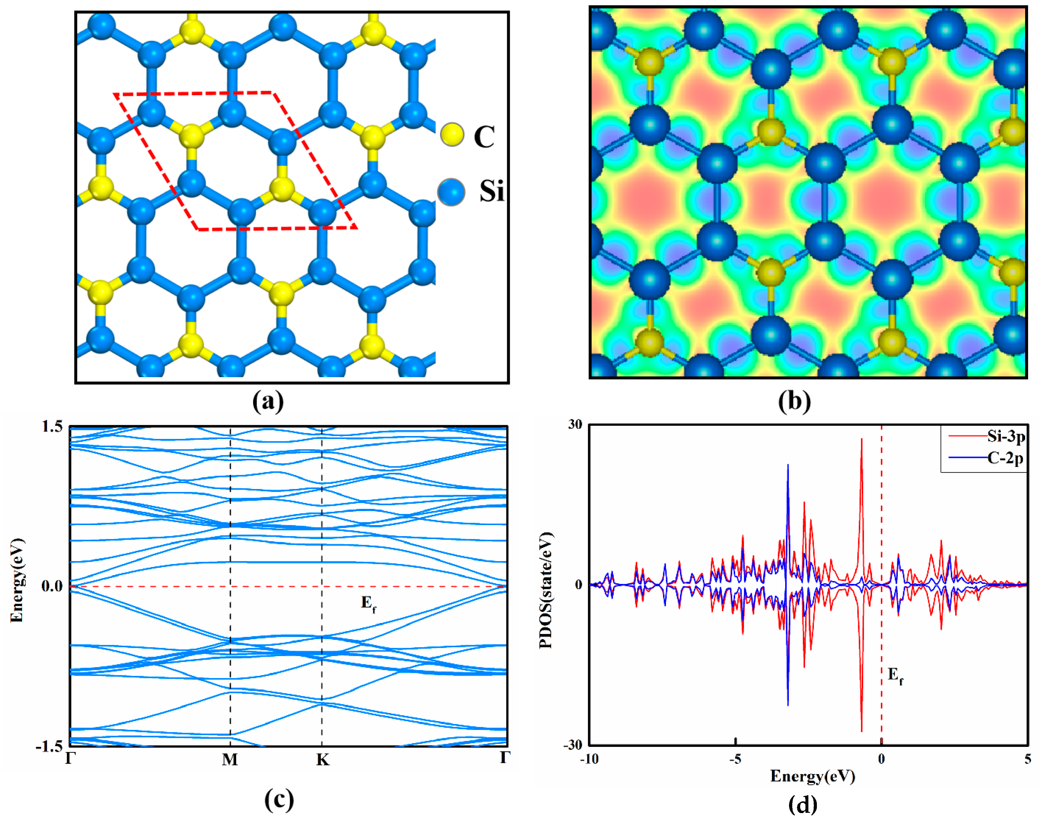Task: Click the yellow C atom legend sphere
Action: coord(452,135)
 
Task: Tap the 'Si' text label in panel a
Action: coord(491,191)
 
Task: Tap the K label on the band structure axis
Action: coord(323,759)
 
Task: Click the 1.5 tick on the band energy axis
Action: coord(52,426)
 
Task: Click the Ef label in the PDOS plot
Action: coord(895,677)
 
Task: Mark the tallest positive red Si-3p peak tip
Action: coord(861,439)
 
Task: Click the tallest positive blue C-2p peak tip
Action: coord(788,465)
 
